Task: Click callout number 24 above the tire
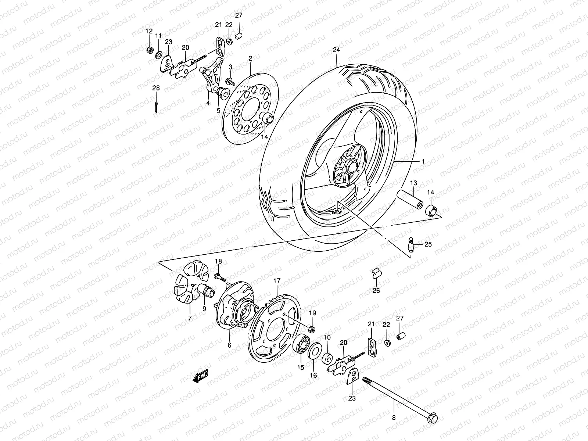336,50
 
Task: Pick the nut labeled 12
149,50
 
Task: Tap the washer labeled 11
159,55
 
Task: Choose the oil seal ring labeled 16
313,351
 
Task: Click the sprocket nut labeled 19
311,328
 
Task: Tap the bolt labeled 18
220,278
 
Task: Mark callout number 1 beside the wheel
423,161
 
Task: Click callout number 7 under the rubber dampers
190,319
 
